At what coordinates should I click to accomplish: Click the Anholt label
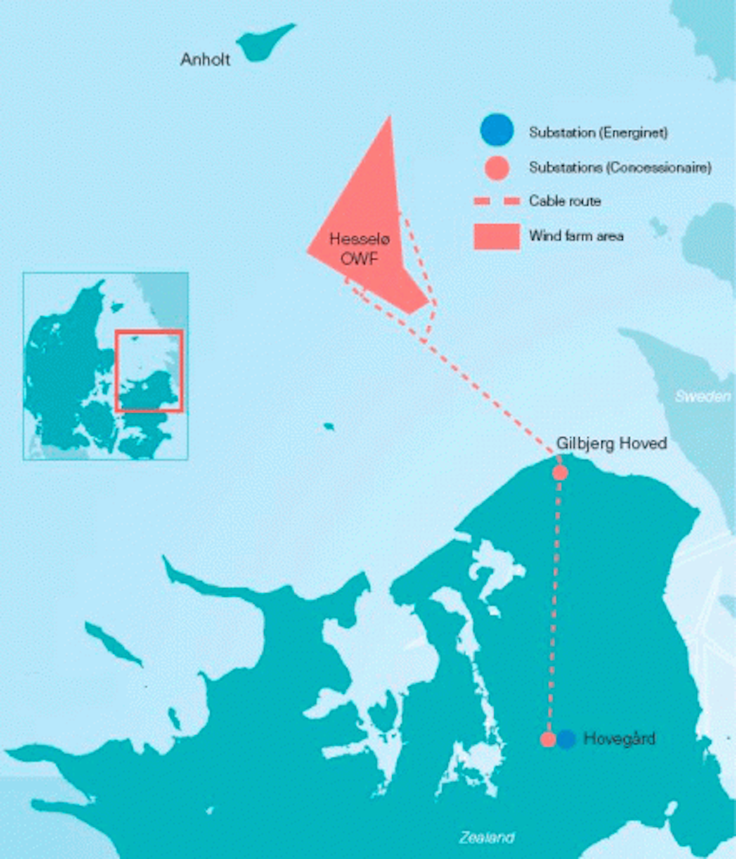(x=205, y=59)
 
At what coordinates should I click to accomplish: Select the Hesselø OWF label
(x=359, y=249)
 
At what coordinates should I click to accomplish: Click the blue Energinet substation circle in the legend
(x=497, y=130)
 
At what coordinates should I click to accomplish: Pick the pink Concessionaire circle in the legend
(x=497, y=168)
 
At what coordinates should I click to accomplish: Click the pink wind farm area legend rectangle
(x=497, y=237)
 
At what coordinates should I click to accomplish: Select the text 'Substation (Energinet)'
(x=598, y=133)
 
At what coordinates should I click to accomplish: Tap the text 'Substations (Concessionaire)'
(x=619, y=168)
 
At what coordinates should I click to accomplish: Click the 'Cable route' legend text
(x=565, y=201)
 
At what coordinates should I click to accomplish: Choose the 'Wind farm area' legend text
(x=576, y=236)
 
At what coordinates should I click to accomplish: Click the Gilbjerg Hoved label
(x=611, y=443)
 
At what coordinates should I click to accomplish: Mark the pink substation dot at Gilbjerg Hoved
(x=560, y=473)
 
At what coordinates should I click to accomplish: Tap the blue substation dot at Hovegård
(x=566, y=739)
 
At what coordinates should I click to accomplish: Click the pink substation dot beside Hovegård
(x=548, y=739)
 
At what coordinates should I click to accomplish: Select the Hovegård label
(x=619, y=739)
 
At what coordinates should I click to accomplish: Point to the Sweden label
(x=702, y=397)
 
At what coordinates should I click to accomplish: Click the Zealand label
(x=486, y=838)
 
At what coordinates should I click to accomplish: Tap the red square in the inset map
(x=149, y=371)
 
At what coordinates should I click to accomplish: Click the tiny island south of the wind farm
(x=329, y=426)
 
